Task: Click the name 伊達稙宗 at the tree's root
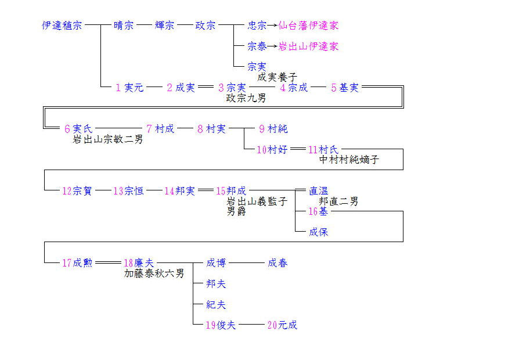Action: (x=62, y=26)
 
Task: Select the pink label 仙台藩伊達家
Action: (x=308, y=26)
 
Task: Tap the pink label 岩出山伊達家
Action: (x=308, y=46)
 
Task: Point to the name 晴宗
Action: (x=124, y=26)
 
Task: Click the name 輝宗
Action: (x=165, y=26)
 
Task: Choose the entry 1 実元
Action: (x=129, y=88)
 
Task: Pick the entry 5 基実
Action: (x=345, y=88)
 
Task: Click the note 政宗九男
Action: (x=246, y=98)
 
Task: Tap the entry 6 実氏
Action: (x=78, y=129)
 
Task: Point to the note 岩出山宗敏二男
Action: (x=107, y=139)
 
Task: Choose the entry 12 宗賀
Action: (x=77, y=190)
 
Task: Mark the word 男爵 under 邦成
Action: (x=236, y=211)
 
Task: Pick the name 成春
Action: (x=277, y=263)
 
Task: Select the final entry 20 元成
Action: (x=282, y=325)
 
